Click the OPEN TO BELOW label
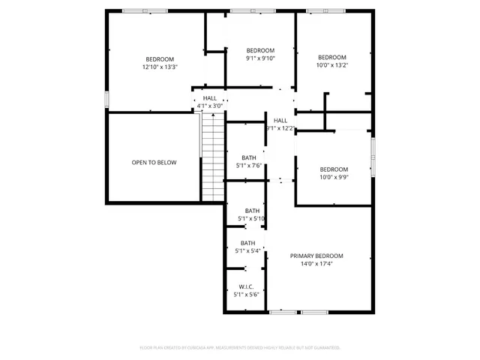click(x=154, y=162)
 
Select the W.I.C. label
click(x=246, y=286)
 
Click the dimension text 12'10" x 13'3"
click(x=160, y=67)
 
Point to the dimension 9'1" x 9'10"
click(x=261, y=58)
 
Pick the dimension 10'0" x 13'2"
click(x=332, y=65)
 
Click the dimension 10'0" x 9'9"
click(x=334, y=177)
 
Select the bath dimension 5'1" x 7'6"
click(x=249, y=165)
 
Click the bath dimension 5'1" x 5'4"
click(x=247, y=250)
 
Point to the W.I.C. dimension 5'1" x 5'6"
click(x=246, y=295)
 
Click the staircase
click(x=213, y=157)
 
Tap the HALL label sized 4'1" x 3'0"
click(x=209, y=98)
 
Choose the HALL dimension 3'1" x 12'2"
click(x=280, y=128)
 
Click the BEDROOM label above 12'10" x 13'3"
click(x=160, y=59)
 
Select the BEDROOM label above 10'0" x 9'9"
click(x=334, y=169)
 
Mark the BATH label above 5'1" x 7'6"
click(x=249, y=157)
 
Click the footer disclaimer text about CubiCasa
click(x=240, y=347)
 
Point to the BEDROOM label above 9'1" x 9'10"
click(x=261, y=50)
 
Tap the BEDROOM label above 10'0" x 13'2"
click(x=332, y=58)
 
